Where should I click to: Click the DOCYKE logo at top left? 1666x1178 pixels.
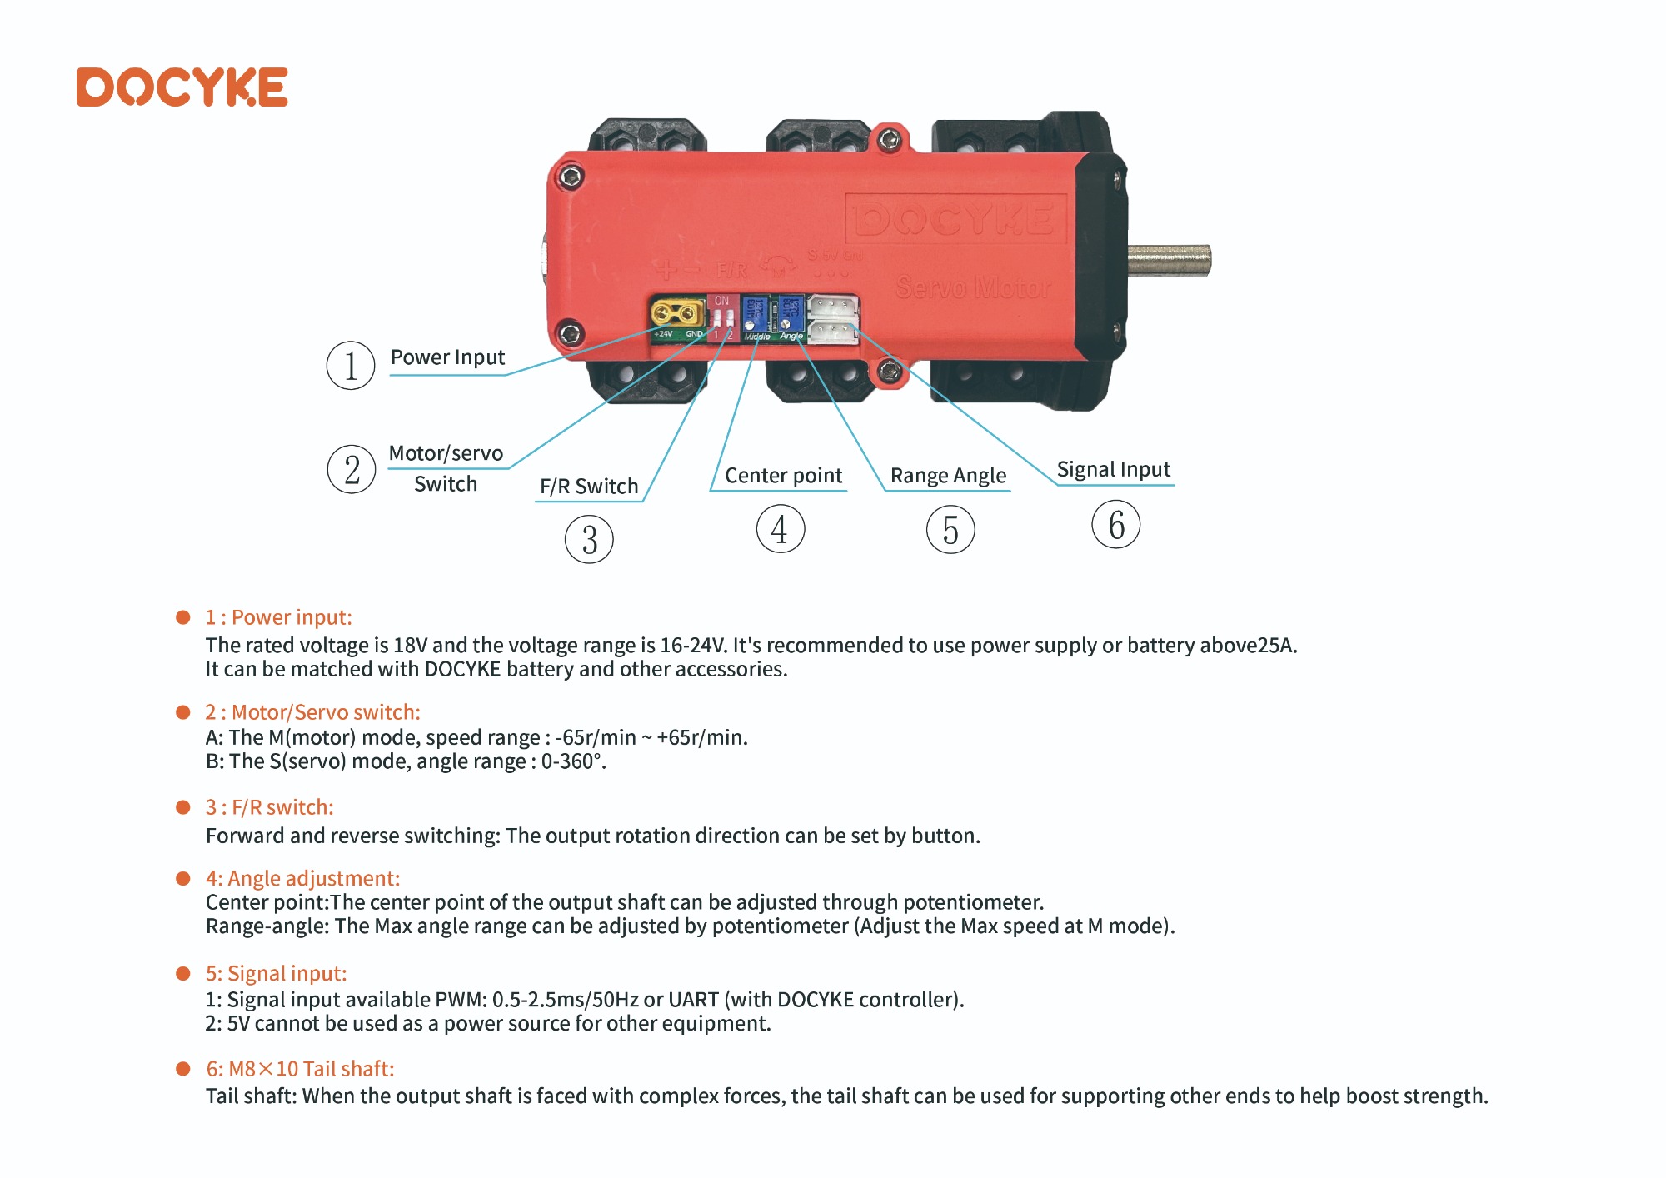(182, 87)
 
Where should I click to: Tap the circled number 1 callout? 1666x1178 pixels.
(351, 366)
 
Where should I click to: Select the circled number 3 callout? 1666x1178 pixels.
(589, 539)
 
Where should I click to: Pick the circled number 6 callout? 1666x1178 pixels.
(1116, 524)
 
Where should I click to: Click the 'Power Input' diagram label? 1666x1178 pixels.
(447, 357)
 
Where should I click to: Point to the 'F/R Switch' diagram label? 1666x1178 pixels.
(589, 486)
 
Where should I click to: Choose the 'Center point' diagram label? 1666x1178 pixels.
(783, 476)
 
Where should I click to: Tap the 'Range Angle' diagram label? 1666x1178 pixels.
(948, 476)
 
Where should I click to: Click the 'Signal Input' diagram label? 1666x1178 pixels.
(1114, 470)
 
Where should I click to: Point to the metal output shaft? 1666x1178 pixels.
(1170, 261)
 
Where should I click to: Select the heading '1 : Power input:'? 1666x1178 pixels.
(278, 617)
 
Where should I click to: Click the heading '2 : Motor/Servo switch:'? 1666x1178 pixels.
(312, 712)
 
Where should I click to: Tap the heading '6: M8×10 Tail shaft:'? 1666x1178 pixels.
(300, 1069)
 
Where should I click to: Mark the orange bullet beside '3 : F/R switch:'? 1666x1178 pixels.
(183, 807)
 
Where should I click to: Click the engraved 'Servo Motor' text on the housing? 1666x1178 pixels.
(973, 288)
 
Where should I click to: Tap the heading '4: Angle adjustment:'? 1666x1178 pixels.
(302, 879)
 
